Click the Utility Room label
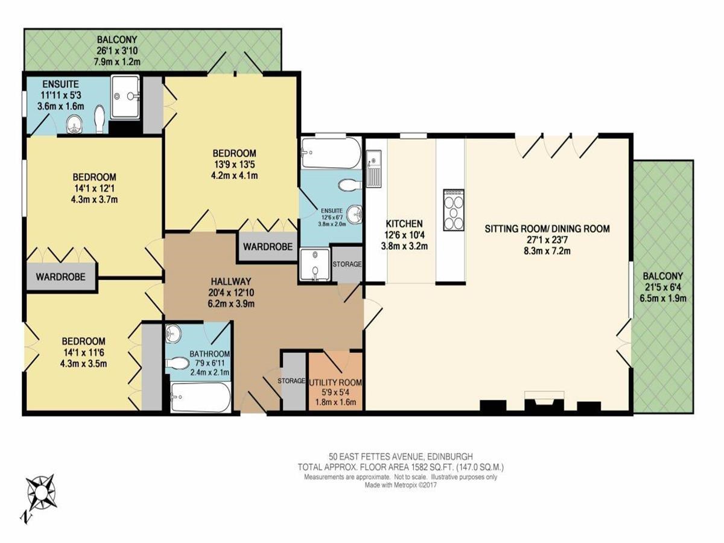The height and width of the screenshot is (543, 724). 335,383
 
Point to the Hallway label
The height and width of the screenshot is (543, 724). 231,282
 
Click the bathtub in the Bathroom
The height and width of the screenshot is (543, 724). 200,397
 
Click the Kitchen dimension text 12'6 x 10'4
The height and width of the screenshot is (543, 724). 404,235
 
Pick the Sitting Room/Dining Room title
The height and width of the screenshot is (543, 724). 547,229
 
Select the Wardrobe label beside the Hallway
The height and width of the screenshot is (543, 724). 268,247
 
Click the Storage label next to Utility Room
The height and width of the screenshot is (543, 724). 291,381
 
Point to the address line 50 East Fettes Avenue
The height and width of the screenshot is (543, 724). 401,457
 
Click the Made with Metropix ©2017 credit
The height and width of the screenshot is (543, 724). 401,485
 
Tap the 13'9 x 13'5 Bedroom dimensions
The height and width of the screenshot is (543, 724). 234,164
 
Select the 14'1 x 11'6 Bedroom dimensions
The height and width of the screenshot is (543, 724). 83,353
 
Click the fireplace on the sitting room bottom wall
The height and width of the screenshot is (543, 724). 544,401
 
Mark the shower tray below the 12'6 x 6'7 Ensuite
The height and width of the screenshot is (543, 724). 314,265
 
